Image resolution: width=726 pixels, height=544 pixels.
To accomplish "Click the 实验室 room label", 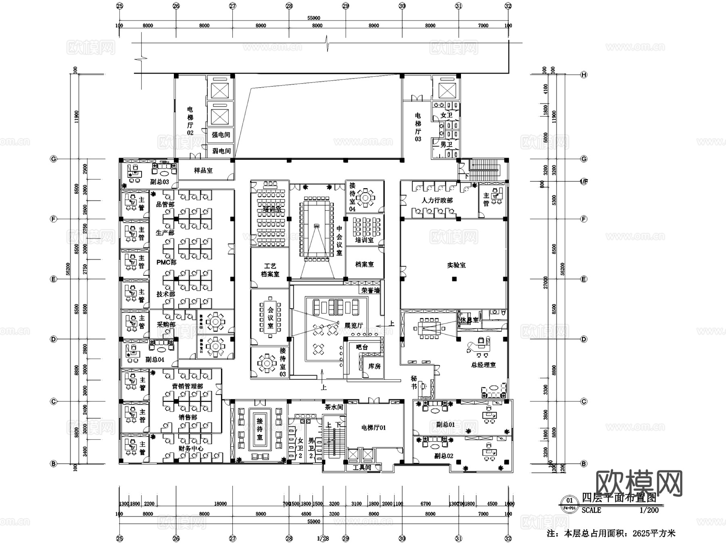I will [456, 265].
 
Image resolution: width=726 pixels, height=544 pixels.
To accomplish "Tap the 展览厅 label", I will [354, 326].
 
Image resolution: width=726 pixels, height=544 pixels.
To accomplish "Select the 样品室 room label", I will [203, 170].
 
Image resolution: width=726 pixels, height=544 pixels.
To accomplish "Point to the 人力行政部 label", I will [437, 200].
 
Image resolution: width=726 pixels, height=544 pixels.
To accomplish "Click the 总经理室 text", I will [483, 365].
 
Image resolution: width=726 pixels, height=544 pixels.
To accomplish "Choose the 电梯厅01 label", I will [373, 428].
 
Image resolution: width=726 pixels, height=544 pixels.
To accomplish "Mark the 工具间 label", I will [361, 468].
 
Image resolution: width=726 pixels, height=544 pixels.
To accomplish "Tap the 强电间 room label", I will [221, 135].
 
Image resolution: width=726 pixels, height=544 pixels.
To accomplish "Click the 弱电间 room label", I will [221, 151].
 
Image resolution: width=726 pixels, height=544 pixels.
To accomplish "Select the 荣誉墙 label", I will [370, 290].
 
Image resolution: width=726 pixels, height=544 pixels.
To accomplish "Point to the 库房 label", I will [374, 366].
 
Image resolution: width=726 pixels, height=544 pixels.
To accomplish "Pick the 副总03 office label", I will [159, 182].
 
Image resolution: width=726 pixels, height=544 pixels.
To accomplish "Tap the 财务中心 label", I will [191, 449].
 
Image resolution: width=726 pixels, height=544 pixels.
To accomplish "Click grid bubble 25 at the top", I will [119, 6].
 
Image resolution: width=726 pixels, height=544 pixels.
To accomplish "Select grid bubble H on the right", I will [584, 75].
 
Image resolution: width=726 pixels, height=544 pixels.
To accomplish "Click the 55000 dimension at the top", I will [313, 18].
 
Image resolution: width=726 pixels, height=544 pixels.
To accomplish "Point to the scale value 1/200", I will [649, 510].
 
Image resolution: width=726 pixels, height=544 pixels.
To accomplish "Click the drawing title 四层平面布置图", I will [619, 498].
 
